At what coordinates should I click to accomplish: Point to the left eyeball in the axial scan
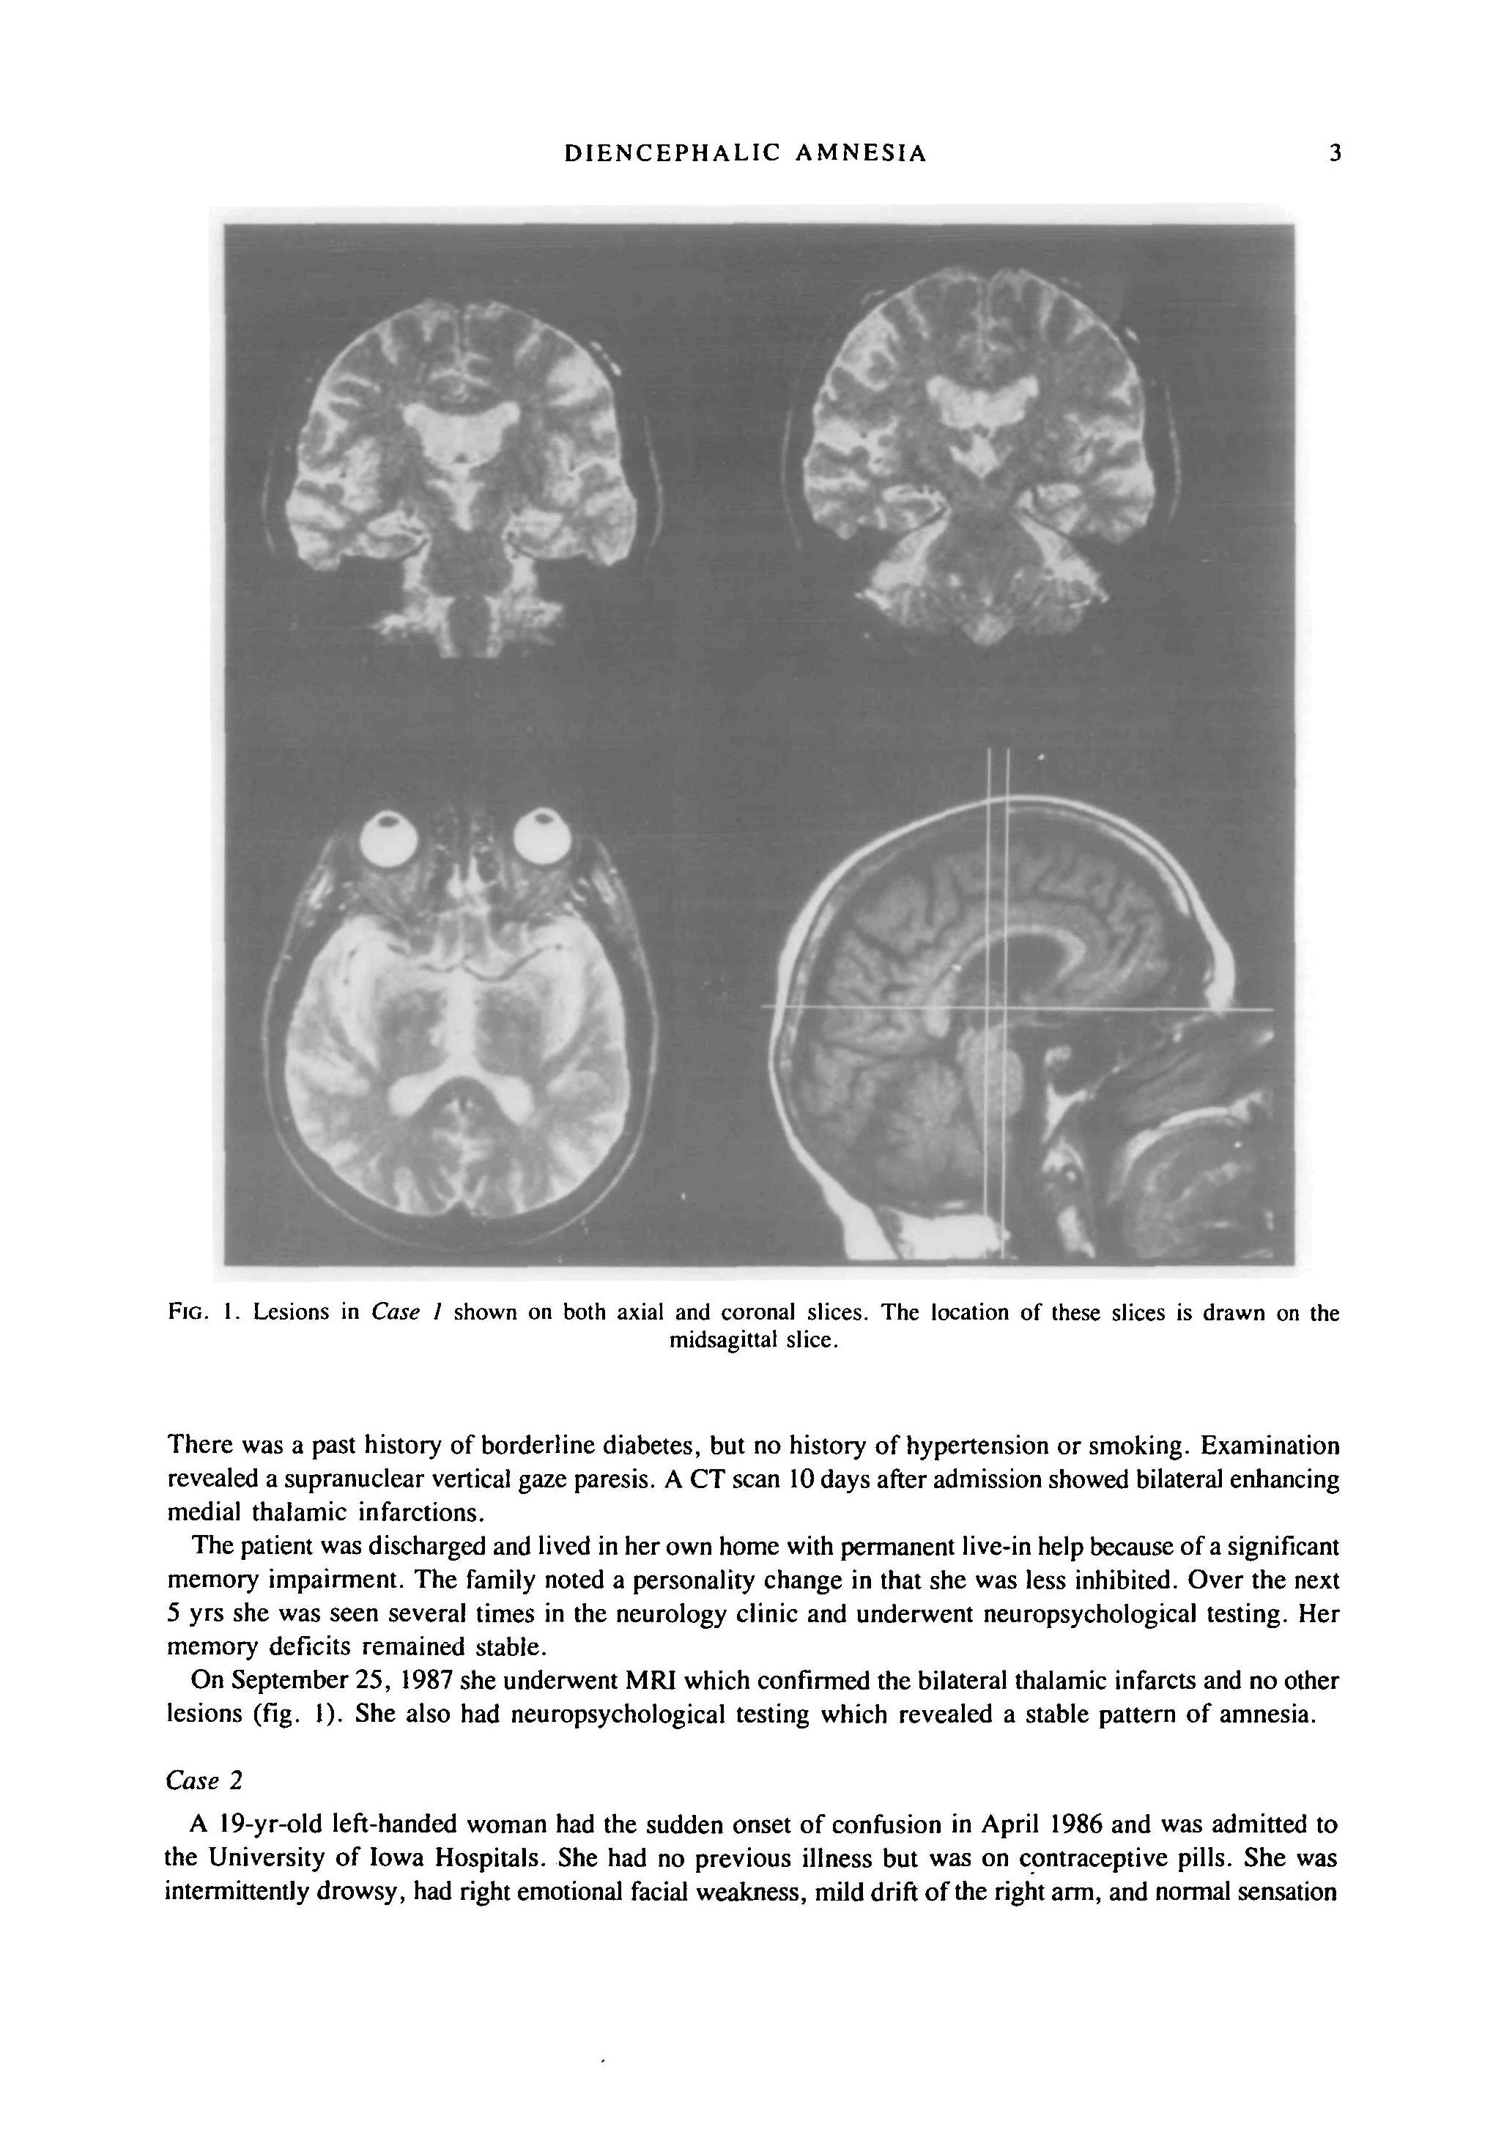click(392, 837)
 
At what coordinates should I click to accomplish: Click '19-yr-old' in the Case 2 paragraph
click(270, 1824)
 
